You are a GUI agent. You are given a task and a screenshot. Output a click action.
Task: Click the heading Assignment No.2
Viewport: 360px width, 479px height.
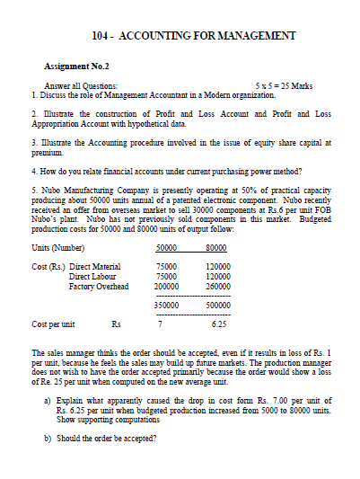[76, 67]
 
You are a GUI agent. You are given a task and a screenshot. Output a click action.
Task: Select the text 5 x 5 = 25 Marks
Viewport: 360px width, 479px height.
[284, 85]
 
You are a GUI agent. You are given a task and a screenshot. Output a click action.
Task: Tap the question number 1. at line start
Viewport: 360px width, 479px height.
[33, 94]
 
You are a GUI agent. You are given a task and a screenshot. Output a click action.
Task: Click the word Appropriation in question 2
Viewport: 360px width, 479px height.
[52, 123]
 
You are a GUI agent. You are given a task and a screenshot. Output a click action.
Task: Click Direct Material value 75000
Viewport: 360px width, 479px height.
[166, 267]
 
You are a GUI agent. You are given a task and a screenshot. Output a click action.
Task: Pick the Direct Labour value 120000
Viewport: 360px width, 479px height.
[218, 277]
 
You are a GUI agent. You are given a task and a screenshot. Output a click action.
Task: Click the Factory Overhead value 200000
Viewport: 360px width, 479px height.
[164, 287]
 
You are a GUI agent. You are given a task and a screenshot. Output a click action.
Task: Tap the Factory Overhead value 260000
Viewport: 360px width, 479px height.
[218, 287]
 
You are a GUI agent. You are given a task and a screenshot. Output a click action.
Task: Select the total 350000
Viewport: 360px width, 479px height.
[164, 306]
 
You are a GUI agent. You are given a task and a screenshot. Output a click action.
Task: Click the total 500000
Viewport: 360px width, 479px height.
[218, 306]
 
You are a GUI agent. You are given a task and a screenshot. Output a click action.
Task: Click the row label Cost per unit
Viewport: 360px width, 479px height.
[53, 324]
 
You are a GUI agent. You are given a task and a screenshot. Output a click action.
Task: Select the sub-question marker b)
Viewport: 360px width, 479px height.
[47, 438]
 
